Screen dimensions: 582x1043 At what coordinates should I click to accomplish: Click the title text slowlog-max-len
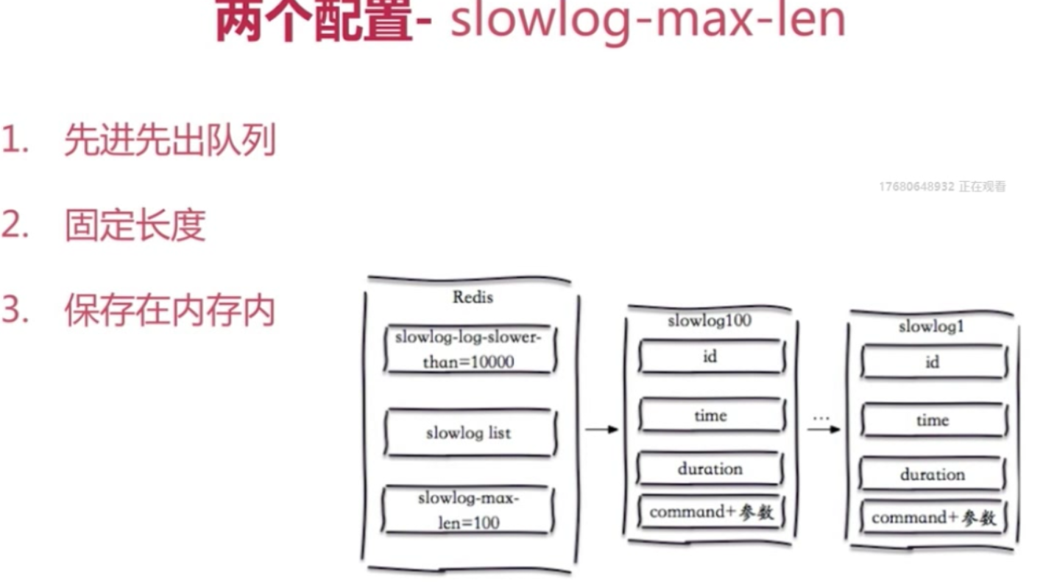click(x=648, y=21)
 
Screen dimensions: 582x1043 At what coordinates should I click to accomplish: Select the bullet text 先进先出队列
click(x=169, y=139)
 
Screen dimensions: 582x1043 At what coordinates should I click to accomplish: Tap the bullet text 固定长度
click(x=135, y=225)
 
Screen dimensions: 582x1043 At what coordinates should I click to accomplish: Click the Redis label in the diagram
click(x=473, y=298)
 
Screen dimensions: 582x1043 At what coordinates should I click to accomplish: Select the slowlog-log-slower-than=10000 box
click(x=469, y=349)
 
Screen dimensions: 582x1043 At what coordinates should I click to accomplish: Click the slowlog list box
click(x=469, y=432)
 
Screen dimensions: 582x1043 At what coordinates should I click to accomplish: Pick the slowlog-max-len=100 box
click(x=468, y=510)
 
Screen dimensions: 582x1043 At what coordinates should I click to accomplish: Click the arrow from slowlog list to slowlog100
click(x=601, y=430)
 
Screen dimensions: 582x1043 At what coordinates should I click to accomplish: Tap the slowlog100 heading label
click(x=709, y=321)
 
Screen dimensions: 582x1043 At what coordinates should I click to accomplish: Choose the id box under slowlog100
click(x=710, y=357)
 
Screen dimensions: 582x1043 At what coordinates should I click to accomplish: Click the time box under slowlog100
click(x=710, y=416)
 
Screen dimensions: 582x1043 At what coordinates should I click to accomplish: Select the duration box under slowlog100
click(x=710, y=469)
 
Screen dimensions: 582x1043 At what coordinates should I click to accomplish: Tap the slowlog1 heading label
click(x=931, y=326)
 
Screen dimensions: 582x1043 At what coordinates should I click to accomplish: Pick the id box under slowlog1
click(x=933, y=362)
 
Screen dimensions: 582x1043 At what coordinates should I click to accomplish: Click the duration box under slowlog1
click(x=933, y=474)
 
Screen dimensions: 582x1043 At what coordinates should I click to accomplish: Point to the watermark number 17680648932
click(x=916, y=187)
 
